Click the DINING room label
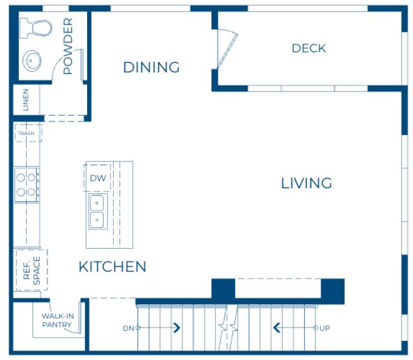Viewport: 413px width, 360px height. pyautogui.click(x=151, y=67)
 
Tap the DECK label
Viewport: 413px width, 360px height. pyautogui.click(x=309, y=48)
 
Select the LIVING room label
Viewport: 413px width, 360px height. pyautogui.click(x=306, y=183)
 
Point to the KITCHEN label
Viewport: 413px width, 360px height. pyautogui.click(x=112, y=267)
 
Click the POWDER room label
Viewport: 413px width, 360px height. pyautogui.click(x=68, y=46)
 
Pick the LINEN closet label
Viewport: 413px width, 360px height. pyautogui.click(x=26, y=100)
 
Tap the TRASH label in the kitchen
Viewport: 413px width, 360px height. pyautogui.click(x=26, y=134)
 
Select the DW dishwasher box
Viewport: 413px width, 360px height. pyautogui.click(x=98, y=178)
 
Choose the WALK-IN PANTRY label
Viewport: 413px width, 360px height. pyautogui.click(x=57, y=321)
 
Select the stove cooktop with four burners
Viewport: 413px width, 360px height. pyautogui.click(x=27, y=184)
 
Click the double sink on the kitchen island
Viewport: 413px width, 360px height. pyautogui.click(x=97, y=212)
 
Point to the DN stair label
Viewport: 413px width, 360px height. pyautogui.click(x=127, y=328)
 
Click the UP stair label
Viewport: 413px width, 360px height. pyautogui.click(x=325, y=328)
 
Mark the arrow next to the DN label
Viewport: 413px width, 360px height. pyautogui.click(x=176, y=328)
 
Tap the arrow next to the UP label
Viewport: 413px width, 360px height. pyautogui.click(x=277, y=328)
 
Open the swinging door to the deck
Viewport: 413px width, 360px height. pyautogui.click(x=226, y=48)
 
